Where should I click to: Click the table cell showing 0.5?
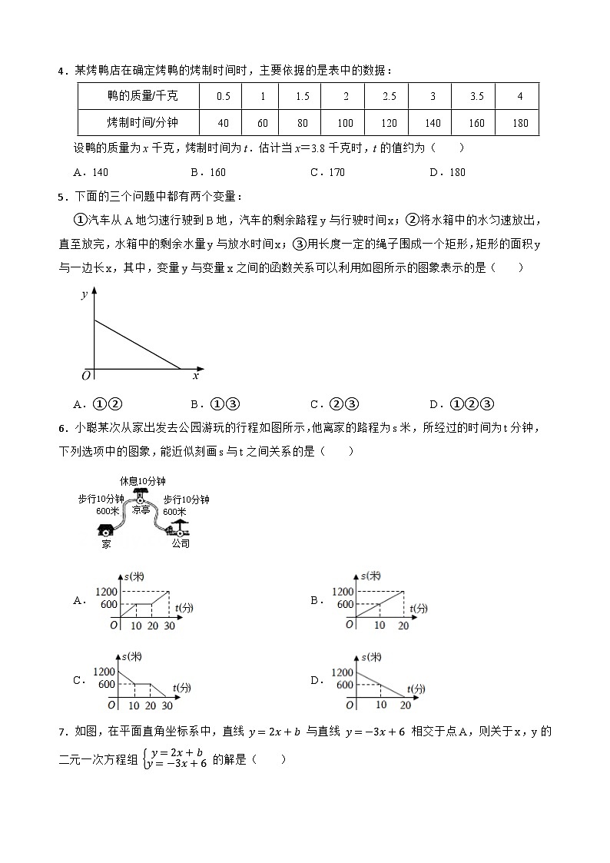pos(224,96)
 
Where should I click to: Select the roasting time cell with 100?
pos(345,123)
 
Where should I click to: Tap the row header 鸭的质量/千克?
pos(142,96)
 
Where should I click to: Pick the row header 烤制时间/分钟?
pos(142,123)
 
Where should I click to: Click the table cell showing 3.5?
pos(476,96)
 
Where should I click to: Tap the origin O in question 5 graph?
pos(86,376)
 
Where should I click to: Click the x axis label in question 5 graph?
pos(195,376)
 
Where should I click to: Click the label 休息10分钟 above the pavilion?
pos(142,481)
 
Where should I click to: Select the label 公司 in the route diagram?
pos(181,543)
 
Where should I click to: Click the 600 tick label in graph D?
pos(343,684)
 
